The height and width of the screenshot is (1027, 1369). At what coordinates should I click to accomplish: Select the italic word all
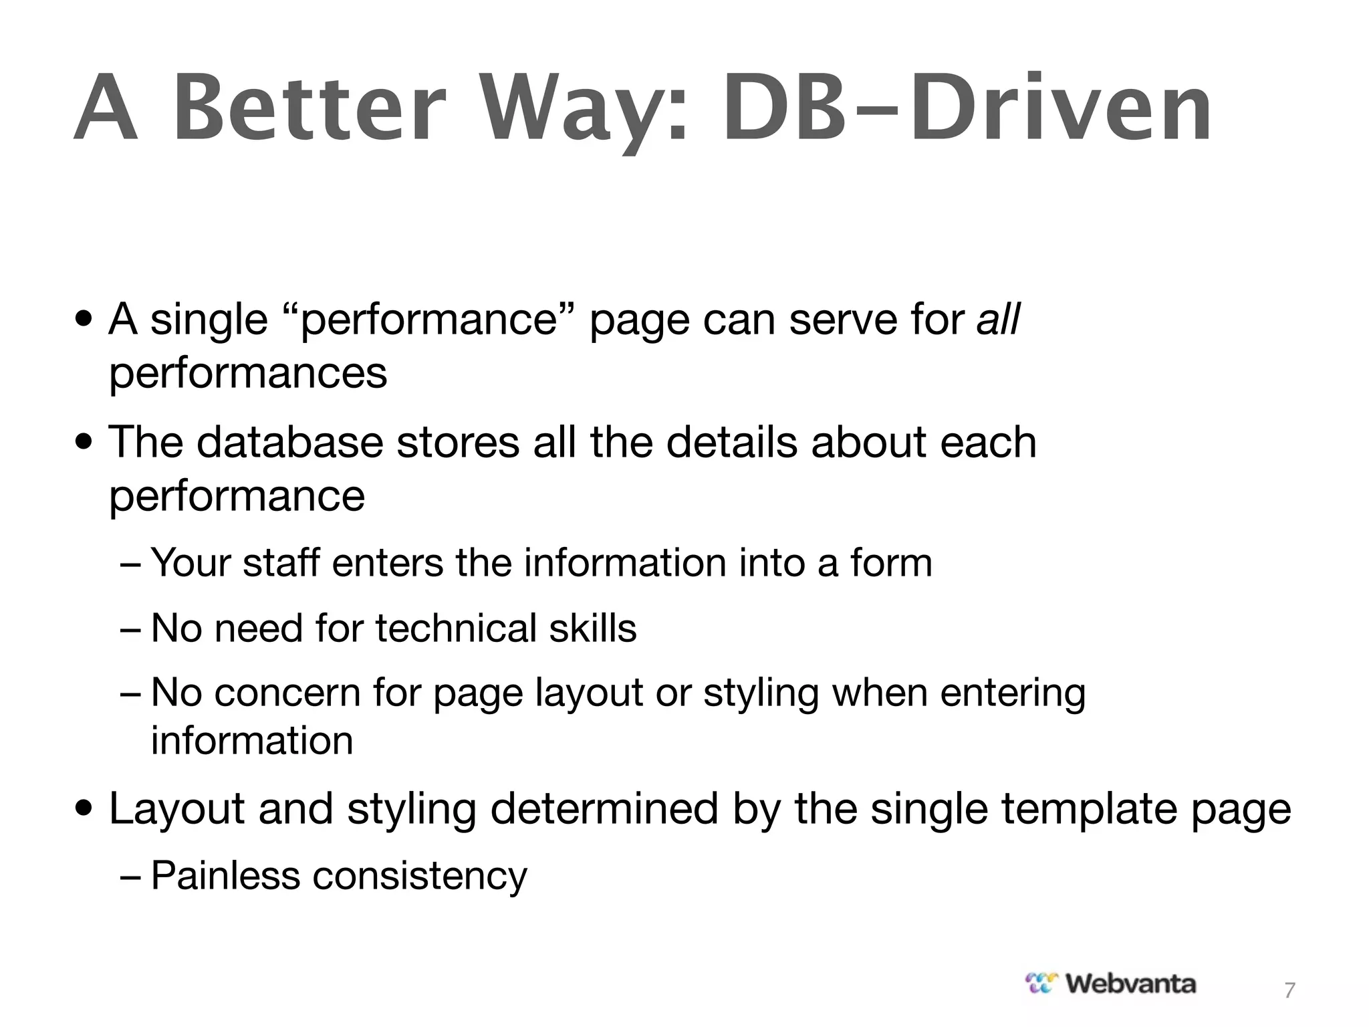pyautogui.click(x=998, y=319)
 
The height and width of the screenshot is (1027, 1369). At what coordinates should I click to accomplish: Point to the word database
pyautogui.click(x=290, y=442)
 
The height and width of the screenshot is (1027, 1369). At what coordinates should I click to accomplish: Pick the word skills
pyautogui.click(x=593, y=628)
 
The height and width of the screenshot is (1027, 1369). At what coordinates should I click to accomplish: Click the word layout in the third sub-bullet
pyautogui.click(x=589, y=693)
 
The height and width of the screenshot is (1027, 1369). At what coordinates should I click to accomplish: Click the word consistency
pyautogui.click(x=420, y=877)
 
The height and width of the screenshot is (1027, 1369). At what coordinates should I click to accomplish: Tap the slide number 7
pyautogui.click(x=1289, y=990)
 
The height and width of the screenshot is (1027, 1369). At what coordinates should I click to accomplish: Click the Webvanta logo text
pyautogui.click(x=1130, y=984)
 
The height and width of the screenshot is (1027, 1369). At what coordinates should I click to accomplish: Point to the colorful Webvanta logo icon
pyautogui.click(x=1042, y=984)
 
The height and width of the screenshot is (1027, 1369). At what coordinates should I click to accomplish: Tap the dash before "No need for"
pyautogui.click(x=130, y=629)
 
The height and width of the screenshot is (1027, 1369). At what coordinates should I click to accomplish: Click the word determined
pyautogui.click(x=604, y=808)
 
